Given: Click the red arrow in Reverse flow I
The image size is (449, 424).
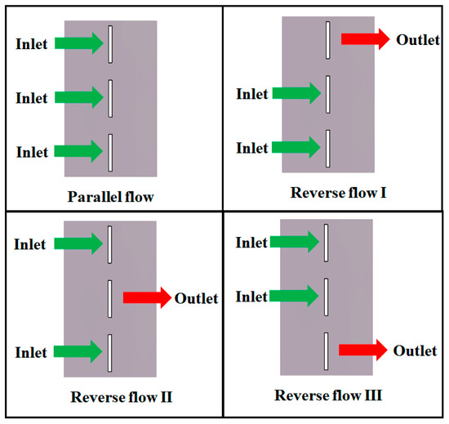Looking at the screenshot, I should (x=365, y=39).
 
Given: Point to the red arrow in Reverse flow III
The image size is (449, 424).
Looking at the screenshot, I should (x=363, y=350).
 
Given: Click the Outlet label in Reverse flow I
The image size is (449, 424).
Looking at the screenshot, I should (x=417, y=39).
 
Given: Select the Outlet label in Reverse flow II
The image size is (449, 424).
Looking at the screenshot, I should (x=197, y=298).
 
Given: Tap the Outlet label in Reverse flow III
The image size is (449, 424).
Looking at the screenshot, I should (x=415, y=350).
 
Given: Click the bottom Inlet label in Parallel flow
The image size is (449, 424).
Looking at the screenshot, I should (x=32, y=151).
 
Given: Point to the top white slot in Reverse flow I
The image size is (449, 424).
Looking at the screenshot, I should (x=327, y=38).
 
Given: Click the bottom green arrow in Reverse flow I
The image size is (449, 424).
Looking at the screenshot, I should (x=296, y=148).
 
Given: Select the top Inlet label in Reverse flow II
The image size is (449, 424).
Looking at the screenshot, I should (x=32, y=242).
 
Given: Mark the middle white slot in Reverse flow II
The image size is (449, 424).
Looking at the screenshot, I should (x=109, y=298).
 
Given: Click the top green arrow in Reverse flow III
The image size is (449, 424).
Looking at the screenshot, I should (x=296, y=242).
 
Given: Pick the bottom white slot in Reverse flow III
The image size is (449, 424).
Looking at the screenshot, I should (x=327, y=350).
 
